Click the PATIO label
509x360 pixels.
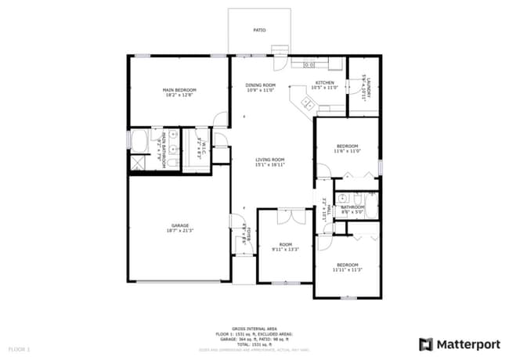pos(259,31)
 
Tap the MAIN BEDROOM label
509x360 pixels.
pos(179,90)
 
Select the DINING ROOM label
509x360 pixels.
pos(261,85)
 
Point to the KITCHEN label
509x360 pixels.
pos(324,83)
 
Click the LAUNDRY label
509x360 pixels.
pos(365,85)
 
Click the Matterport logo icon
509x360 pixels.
pos(426,344)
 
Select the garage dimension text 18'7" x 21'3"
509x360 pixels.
pos(179,231)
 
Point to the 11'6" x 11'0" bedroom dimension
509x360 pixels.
pos(348,152)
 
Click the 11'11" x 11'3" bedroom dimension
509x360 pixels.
pos(347,270)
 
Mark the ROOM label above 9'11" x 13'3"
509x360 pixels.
pos(285,244)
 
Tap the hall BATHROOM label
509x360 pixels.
pos(353,207)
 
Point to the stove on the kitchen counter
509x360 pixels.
pos(309,64)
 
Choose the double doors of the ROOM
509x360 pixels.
pos(285,212)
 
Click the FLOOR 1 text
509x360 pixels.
pos(19,347)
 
